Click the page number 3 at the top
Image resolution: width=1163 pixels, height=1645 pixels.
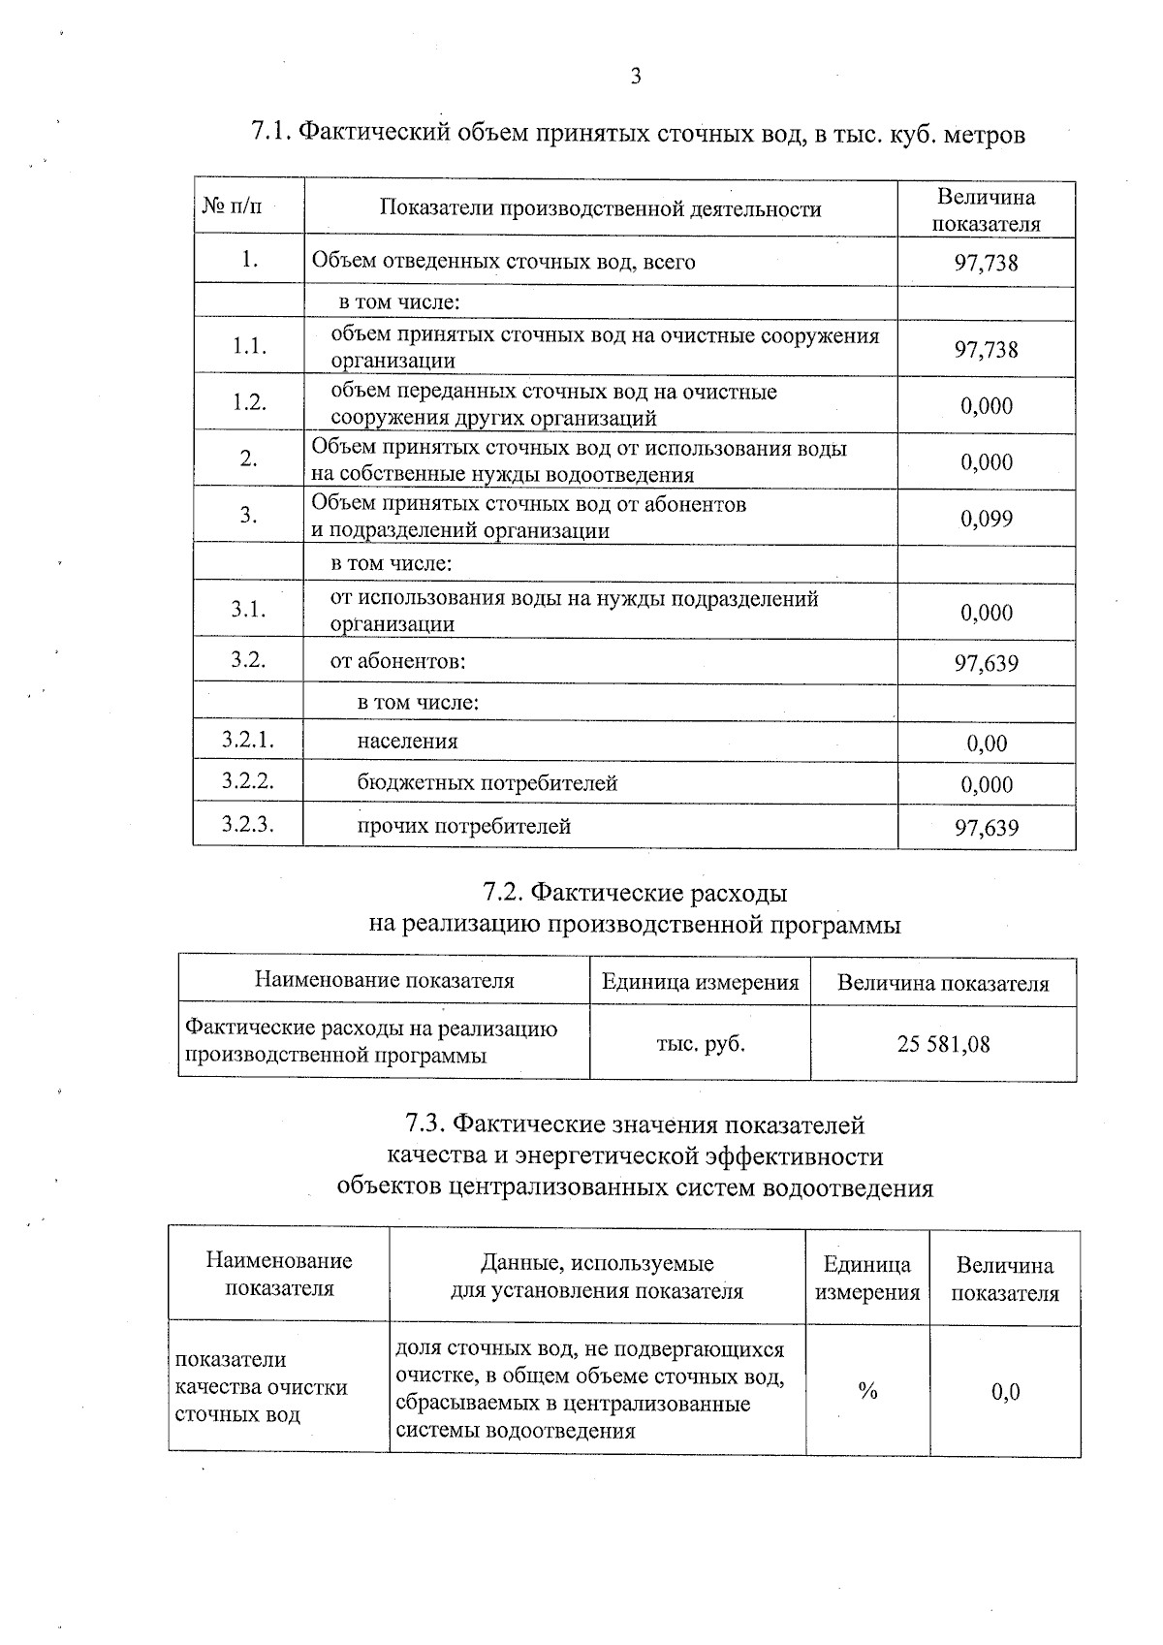[x=636, y=77]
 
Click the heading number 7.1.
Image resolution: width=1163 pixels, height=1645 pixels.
[x=270, y=134]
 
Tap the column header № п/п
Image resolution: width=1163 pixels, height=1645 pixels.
[x=233, y=206]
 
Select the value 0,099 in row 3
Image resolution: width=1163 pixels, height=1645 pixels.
[x=987, y=519]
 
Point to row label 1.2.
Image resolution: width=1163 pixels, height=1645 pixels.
[x=249, y=402]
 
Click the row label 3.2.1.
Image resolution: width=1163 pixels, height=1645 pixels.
[x=247, y=741]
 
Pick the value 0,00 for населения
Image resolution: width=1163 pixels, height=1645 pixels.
[x=987, y=743]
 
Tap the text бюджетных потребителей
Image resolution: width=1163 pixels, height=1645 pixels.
[x=487, y=783]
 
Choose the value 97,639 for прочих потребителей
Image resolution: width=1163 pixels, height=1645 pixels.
[x=987, y=827]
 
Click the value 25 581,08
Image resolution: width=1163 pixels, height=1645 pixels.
[x=943, y=1044]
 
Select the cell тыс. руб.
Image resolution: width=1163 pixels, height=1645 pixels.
[x=700, y=1044]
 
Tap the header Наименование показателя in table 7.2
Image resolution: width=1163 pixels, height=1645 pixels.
[x=384, y=980]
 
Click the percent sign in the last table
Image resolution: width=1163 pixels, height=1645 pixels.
[x=867, y=1391]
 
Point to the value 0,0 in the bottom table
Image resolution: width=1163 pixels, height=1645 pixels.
[x=1005, y=1392]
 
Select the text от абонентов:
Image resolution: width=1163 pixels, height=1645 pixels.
[x=398, y=662]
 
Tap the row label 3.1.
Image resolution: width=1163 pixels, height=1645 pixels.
[x=248, y=609]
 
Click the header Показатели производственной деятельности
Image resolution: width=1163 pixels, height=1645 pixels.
[x=600, y=208]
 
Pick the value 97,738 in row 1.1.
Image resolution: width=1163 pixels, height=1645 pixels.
[x=987, y=349]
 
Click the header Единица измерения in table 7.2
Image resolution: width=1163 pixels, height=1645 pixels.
[x=700, y=982]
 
